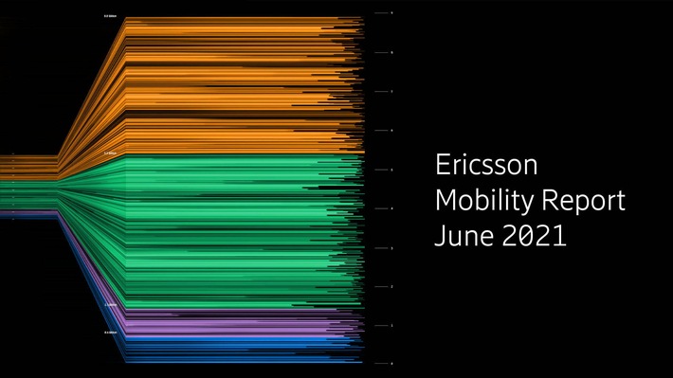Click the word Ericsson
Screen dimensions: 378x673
click(485, 166)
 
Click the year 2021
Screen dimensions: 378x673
click(535, 236)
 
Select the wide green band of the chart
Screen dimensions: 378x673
click(237, 227)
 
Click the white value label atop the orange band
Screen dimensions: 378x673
click(111, 16)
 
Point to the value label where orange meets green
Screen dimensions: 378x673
click(111, 153)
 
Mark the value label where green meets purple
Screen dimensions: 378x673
click(111, 305)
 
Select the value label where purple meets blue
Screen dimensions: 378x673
click(111, 333)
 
